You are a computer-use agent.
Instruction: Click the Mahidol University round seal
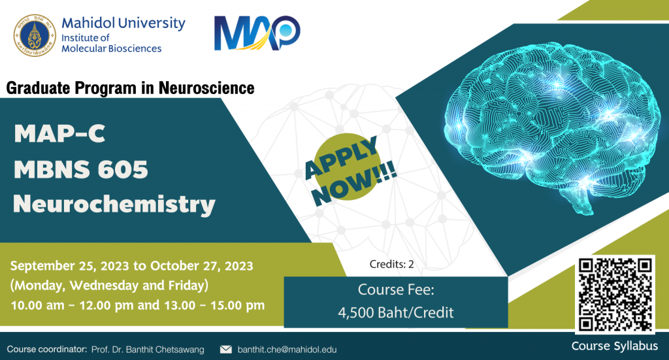point(35,35)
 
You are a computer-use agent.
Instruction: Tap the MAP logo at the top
point(257,33)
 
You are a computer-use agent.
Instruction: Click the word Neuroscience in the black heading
point(206,88)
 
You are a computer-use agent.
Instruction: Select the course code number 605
point(123,169)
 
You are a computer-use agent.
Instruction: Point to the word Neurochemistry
point(114,205)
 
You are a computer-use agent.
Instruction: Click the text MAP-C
point(59,133)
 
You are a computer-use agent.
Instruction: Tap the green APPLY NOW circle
point(347,167)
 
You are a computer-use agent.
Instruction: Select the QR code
point(615,294)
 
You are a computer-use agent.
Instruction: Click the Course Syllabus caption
point(614,346)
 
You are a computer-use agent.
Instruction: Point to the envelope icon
point(225,350)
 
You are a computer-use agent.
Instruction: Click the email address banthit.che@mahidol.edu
point(287,350)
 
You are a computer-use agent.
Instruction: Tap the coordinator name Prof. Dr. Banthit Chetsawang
point(148,350)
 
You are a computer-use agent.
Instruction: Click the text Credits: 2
point(392,265)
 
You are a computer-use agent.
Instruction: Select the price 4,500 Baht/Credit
point(396,313)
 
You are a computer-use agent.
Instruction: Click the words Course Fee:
point(396,290)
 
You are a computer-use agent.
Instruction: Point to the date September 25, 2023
point(69,266)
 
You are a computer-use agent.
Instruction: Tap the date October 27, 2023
point(202,266)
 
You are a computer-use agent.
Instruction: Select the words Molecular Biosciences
point(111,48)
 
